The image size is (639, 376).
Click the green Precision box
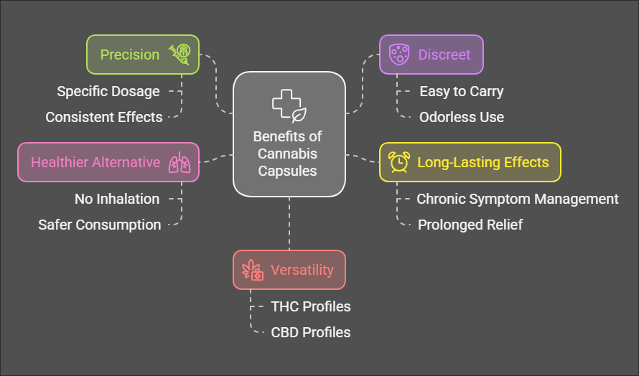click(x=142, y=55)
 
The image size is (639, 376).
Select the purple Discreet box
click(x=431, y=55)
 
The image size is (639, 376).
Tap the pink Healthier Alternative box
click(x=108, y=162)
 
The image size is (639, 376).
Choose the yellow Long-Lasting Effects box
click(x=470, y=162)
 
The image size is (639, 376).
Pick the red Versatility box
click(x=289, y=270)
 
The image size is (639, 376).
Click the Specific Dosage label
click(x=108, y=91)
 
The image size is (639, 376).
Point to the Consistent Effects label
click(x=104, y=117)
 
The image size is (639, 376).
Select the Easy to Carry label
click(x=462, y=91)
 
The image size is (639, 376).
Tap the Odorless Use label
click(x=462, y=117)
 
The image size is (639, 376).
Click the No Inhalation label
click(x=117, y=199)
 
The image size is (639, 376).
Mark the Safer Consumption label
click(x=100, y=225)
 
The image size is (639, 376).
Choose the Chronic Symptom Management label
click(x=518, y=199)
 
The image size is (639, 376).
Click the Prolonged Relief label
click(x=470, y=225)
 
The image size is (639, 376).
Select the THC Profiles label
click(x=311, y=306)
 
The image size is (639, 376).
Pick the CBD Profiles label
click(x=311, y=332)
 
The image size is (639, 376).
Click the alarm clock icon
click(x=399, y=162)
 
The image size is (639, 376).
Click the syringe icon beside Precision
click(x=179, y=55)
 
